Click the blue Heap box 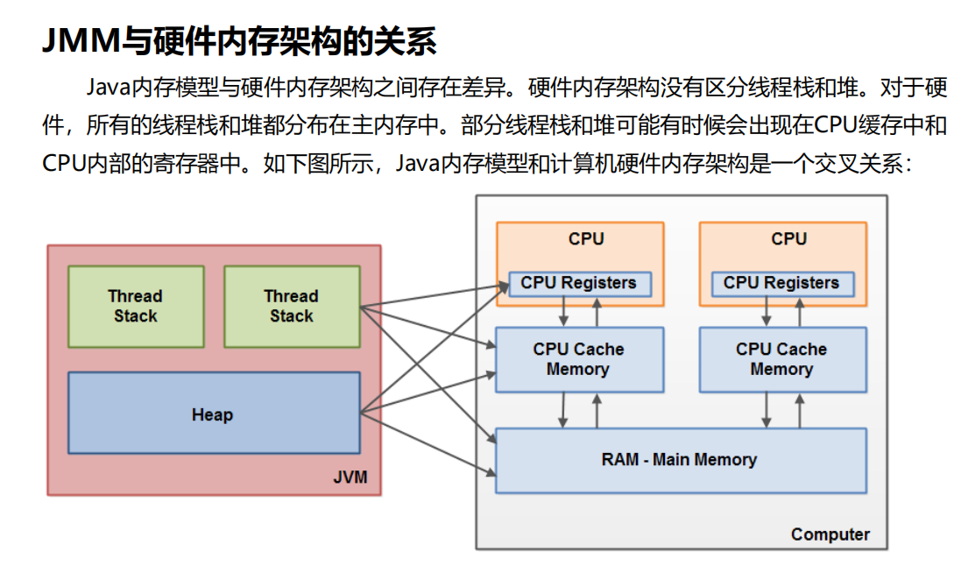point(213,414)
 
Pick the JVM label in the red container point(350,477)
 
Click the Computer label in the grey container point(830,534)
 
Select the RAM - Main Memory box point(680,460)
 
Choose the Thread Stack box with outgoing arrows point(292,306)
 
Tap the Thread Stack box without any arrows point(136,306)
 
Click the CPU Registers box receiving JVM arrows point(578,283)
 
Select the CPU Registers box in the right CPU point(781,283)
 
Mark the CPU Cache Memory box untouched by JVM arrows point(781,359)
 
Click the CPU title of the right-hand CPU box point(788,238)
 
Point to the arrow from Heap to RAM point(429,442)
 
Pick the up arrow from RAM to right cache point(799,410)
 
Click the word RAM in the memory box point(619,459)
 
